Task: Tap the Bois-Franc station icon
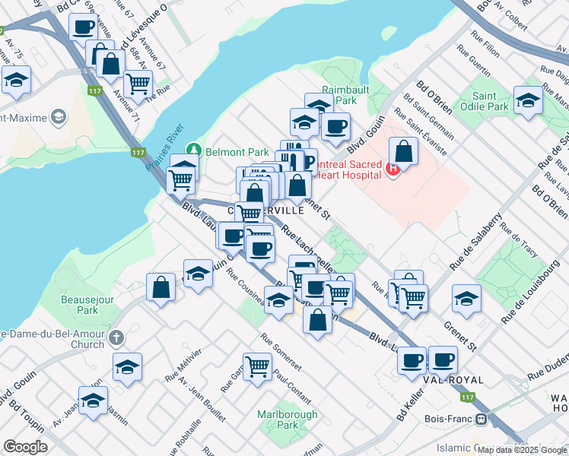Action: point(481,420)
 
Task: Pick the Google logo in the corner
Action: point(25,447)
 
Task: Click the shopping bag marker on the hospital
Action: point(403,150)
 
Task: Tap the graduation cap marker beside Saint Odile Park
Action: point(528,100)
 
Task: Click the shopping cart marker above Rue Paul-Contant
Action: point(258,366)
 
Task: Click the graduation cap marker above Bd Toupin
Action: point(94,400)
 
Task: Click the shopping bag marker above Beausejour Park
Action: point(161,287)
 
